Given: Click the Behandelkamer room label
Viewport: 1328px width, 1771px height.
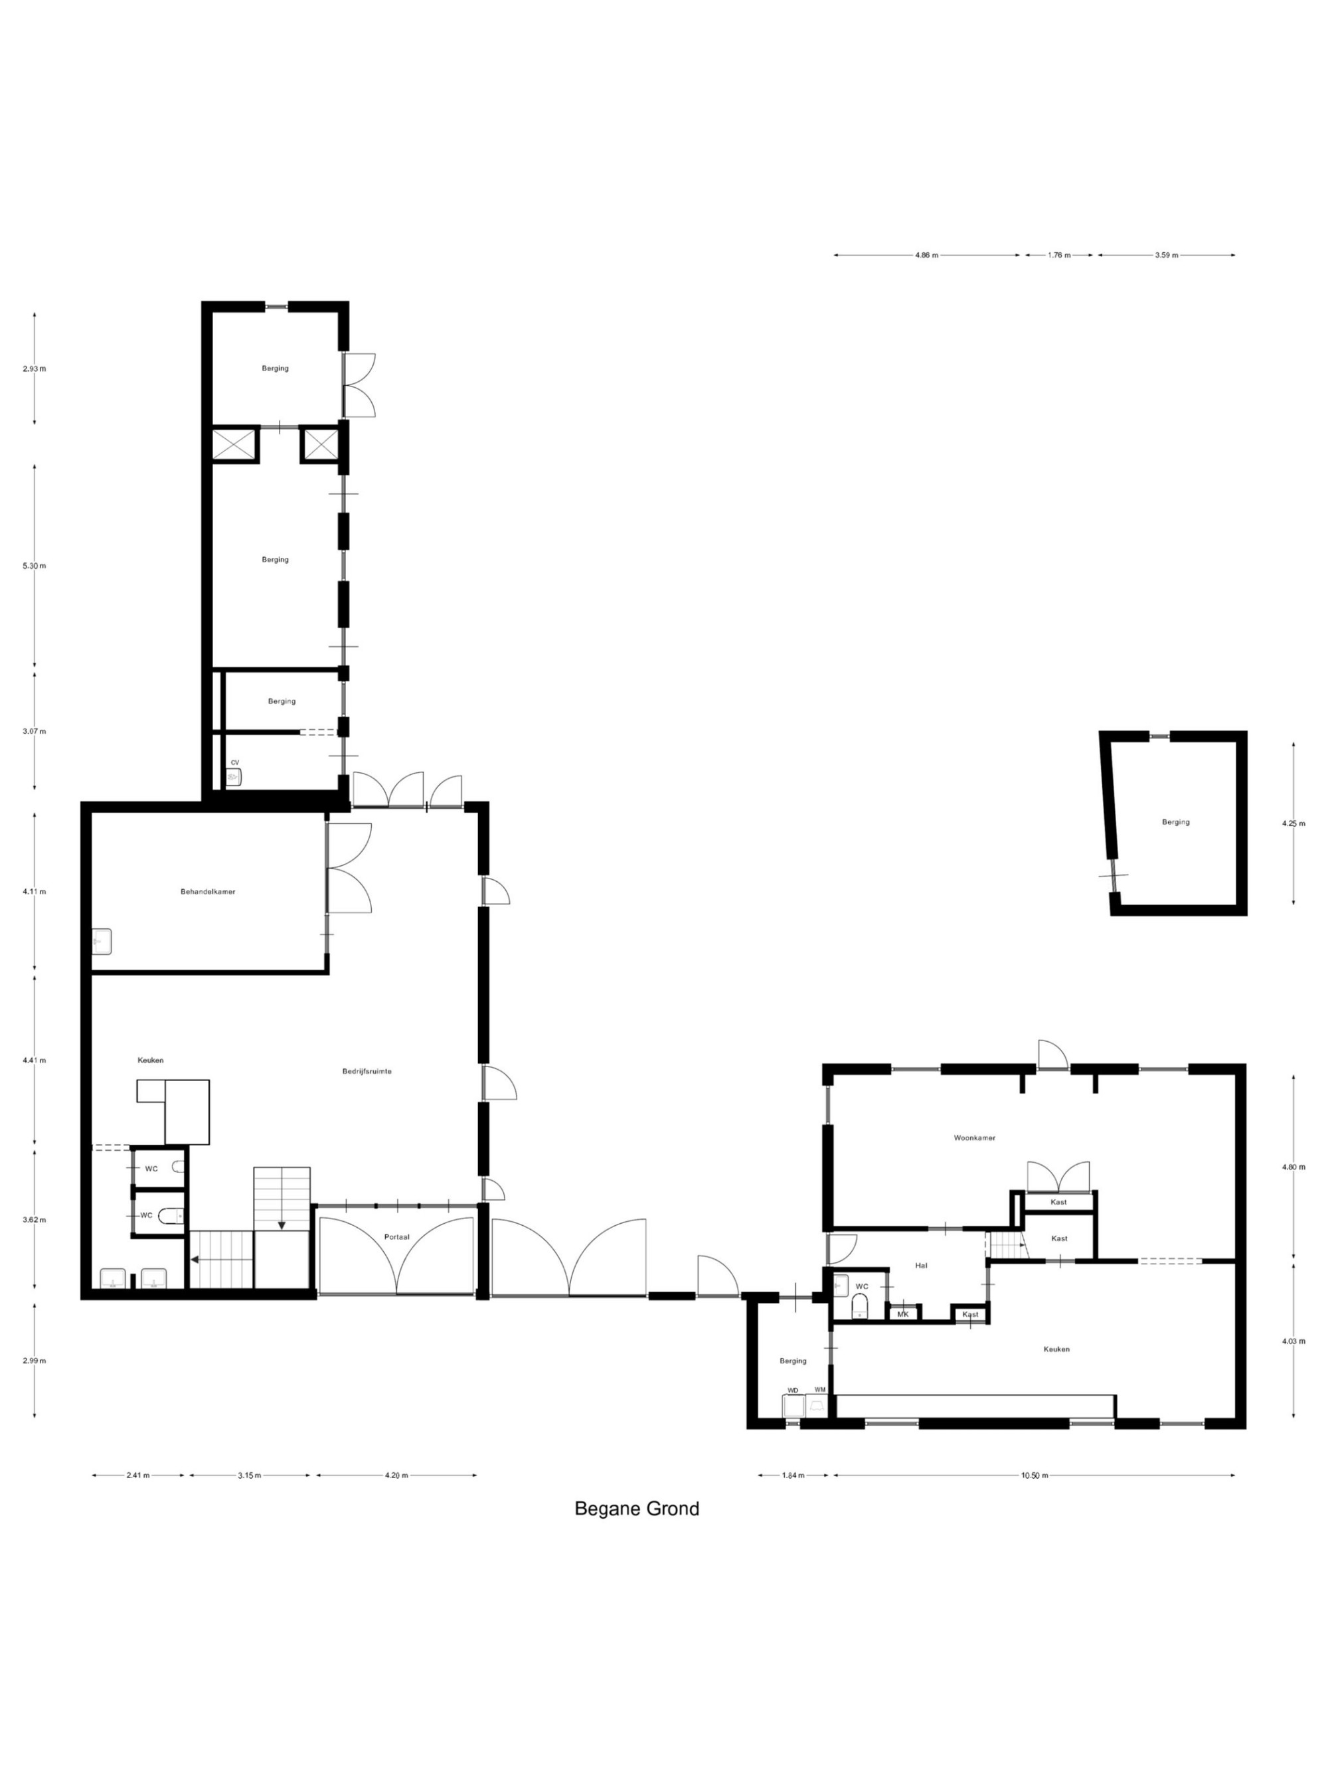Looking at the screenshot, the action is [207, 891].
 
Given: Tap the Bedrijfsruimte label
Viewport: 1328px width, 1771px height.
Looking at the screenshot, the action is [367, 1070].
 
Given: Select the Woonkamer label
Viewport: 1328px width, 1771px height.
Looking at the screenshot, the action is [974, 1138].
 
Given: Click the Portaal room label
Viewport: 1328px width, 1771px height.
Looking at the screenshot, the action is [396, 1237].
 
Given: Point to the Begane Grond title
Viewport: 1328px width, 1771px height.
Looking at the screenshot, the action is [636, 1509].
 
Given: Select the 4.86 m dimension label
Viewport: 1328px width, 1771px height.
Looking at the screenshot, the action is [926, 256].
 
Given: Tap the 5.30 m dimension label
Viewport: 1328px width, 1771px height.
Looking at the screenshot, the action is [35, 565].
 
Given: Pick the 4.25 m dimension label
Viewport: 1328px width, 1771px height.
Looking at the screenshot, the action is [1293, 823].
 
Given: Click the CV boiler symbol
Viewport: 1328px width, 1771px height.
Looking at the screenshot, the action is [234, 776].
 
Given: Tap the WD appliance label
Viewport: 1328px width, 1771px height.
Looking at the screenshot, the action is [792, 1390].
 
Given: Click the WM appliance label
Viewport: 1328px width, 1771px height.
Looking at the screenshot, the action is [819, 1389].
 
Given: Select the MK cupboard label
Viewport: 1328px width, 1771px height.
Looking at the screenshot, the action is [902, 1314].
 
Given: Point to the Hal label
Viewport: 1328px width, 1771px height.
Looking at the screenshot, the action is [920, 1266].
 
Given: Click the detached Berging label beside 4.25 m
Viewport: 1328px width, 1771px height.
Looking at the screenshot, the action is [1175, 822].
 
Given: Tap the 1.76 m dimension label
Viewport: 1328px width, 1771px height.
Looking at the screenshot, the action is [1058, 256].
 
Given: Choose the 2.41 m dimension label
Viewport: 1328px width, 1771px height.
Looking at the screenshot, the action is [137, 1475].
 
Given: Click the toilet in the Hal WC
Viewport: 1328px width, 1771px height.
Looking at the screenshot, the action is [859, 1307].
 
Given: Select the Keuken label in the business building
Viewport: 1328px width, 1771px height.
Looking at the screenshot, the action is [151, 1060].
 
